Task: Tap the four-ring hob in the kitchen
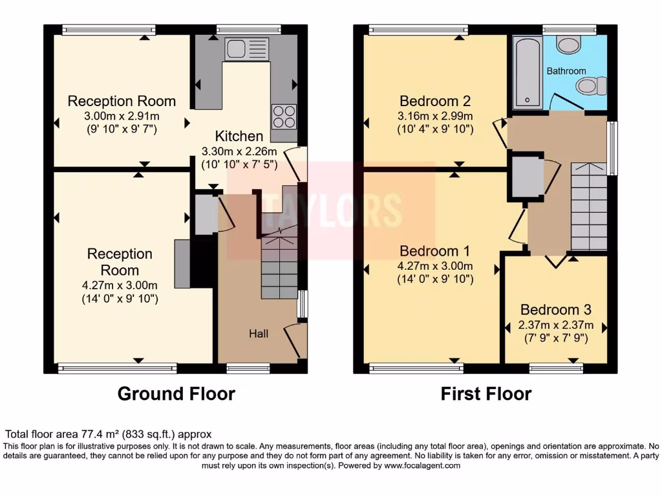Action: tap(284, 116)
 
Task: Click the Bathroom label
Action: tap(566, 71)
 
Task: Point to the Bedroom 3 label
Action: tap(555, 309)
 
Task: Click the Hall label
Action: tap(259, 334)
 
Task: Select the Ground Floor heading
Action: tap(176, 393)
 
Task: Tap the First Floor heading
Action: tap(486, 393)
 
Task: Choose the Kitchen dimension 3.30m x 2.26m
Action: tap(239, 151)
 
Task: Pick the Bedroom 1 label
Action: tap(435, 250)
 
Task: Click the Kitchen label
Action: tap(239, 136)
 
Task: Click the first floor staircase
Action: tap(588, 207)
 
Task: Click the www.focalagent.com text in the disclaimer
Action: tap(422, 465)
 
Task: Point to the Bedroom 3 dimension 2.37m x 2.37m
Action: tap(555, 325)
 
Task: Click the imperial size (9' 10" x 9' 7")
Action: tap(122, 129)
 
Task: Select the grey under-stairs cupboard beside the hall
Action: tap(205, 214)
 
